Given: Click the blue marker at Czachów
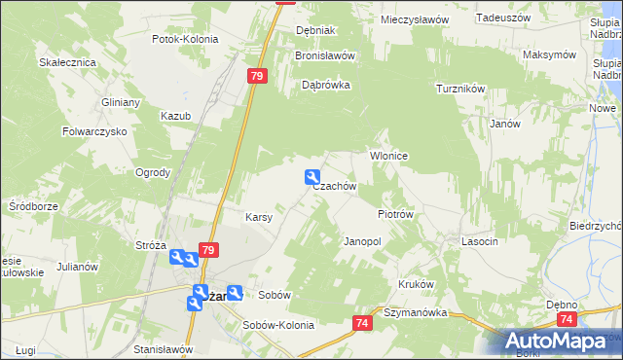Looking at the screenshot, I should point(312,177).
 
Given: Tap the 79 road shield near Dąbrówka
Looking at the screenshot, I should point(258,76).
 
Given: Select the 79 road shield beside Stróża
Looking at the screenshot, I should point(207,250).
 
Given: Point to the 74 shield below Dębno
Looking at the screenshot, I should point(567,318).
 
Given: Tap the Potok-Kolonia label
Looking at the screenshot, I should point(185,40).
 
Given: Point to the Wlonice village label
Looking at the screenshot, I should point(386,156).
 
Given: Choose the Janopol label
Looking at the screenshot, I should point(362,240).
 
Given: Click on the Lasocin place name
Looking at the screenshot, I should point(480,240).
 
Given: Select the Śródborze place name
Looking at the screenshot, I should point(34,206).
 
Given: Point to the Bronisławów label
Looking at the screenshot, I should point(325,55).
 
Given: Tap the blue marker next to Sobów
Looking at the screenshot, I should point(235,292).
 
